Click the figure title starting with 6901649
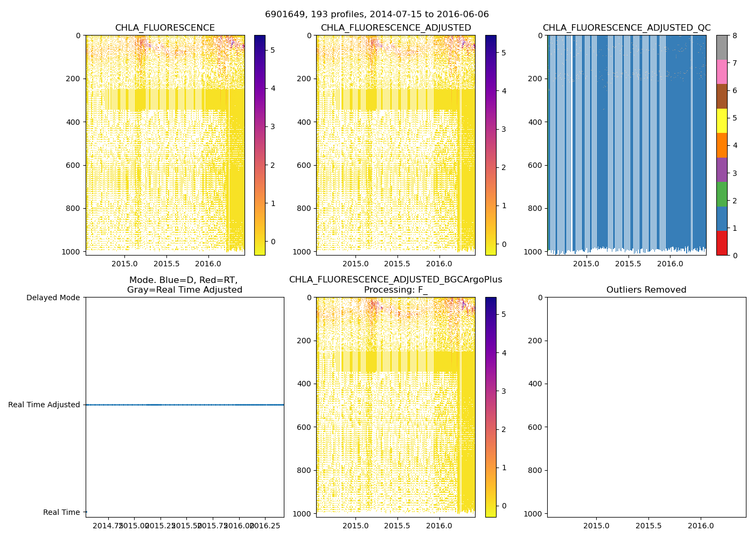pyautogui.click(x=376, y=15)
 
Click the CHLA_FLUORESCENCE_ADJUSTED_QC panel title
pyautogui.click(x=626, y=28)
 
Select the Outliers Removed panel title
pyautogui.click(x=646, y=290)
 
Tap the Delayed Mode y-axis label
pyautogui.click(x=53, y=298)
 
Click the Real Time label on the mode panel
pyautogui.click(x=61, y=512)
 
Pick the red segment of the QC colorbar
pyautogui.click(x=722, y=243)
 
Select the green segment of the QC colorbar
pyautogui.click(x=722, y=194)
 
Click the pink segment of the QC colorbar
pyautogui.click(x=722, y=72)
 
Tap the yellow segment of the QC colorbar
pyautogui.click(x=722, y=121)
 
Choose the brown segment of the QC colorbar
pyautogui.click(x=722, y=96)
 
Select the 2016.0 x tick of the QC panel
pyautogui.click(x=671, y=264)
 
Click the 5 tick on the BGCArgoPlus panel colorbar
pyautogui.click(x=504, y=315)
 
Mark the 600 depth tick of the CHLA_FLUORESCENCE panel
pyautogui.click(x=74, y=165)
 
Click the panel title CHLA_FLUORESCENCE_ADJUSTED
pyautogui.click(x=396, y=28)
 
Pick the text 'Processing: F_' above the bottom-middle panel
pyautogui.click(x=396, y=290)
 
